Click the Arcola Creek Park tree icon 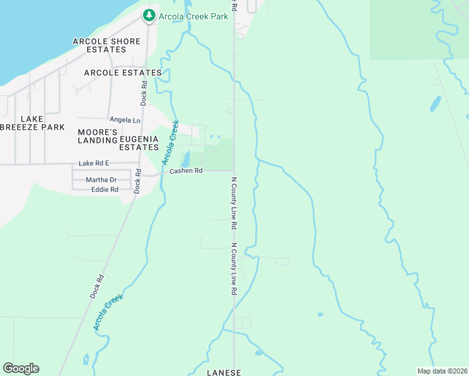[x=149, y=15]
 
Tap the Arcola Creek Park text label [x=193, y=16]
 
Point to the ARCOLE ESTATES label [x=123, y=73]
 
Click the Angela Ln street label [x=125, y=120]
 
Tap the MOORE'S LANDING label [x=97, y=136]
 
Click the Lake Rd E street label [x=93, y=163]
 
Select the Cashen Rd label [x=186, y=170]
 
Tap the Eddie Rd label [x=104, y=189]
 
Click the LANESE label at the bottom [x=224, y=372]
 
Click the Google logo [x=21, y=368]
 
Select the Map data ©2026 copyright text [x=441, y=371]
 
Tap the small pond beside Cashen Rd [x=185, y=159]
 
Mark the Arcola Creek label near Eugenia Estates [x=171, y=142]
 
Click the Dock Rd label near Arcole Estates [x=144, y=92]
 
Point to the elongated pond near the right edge [x=435, y=103]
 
